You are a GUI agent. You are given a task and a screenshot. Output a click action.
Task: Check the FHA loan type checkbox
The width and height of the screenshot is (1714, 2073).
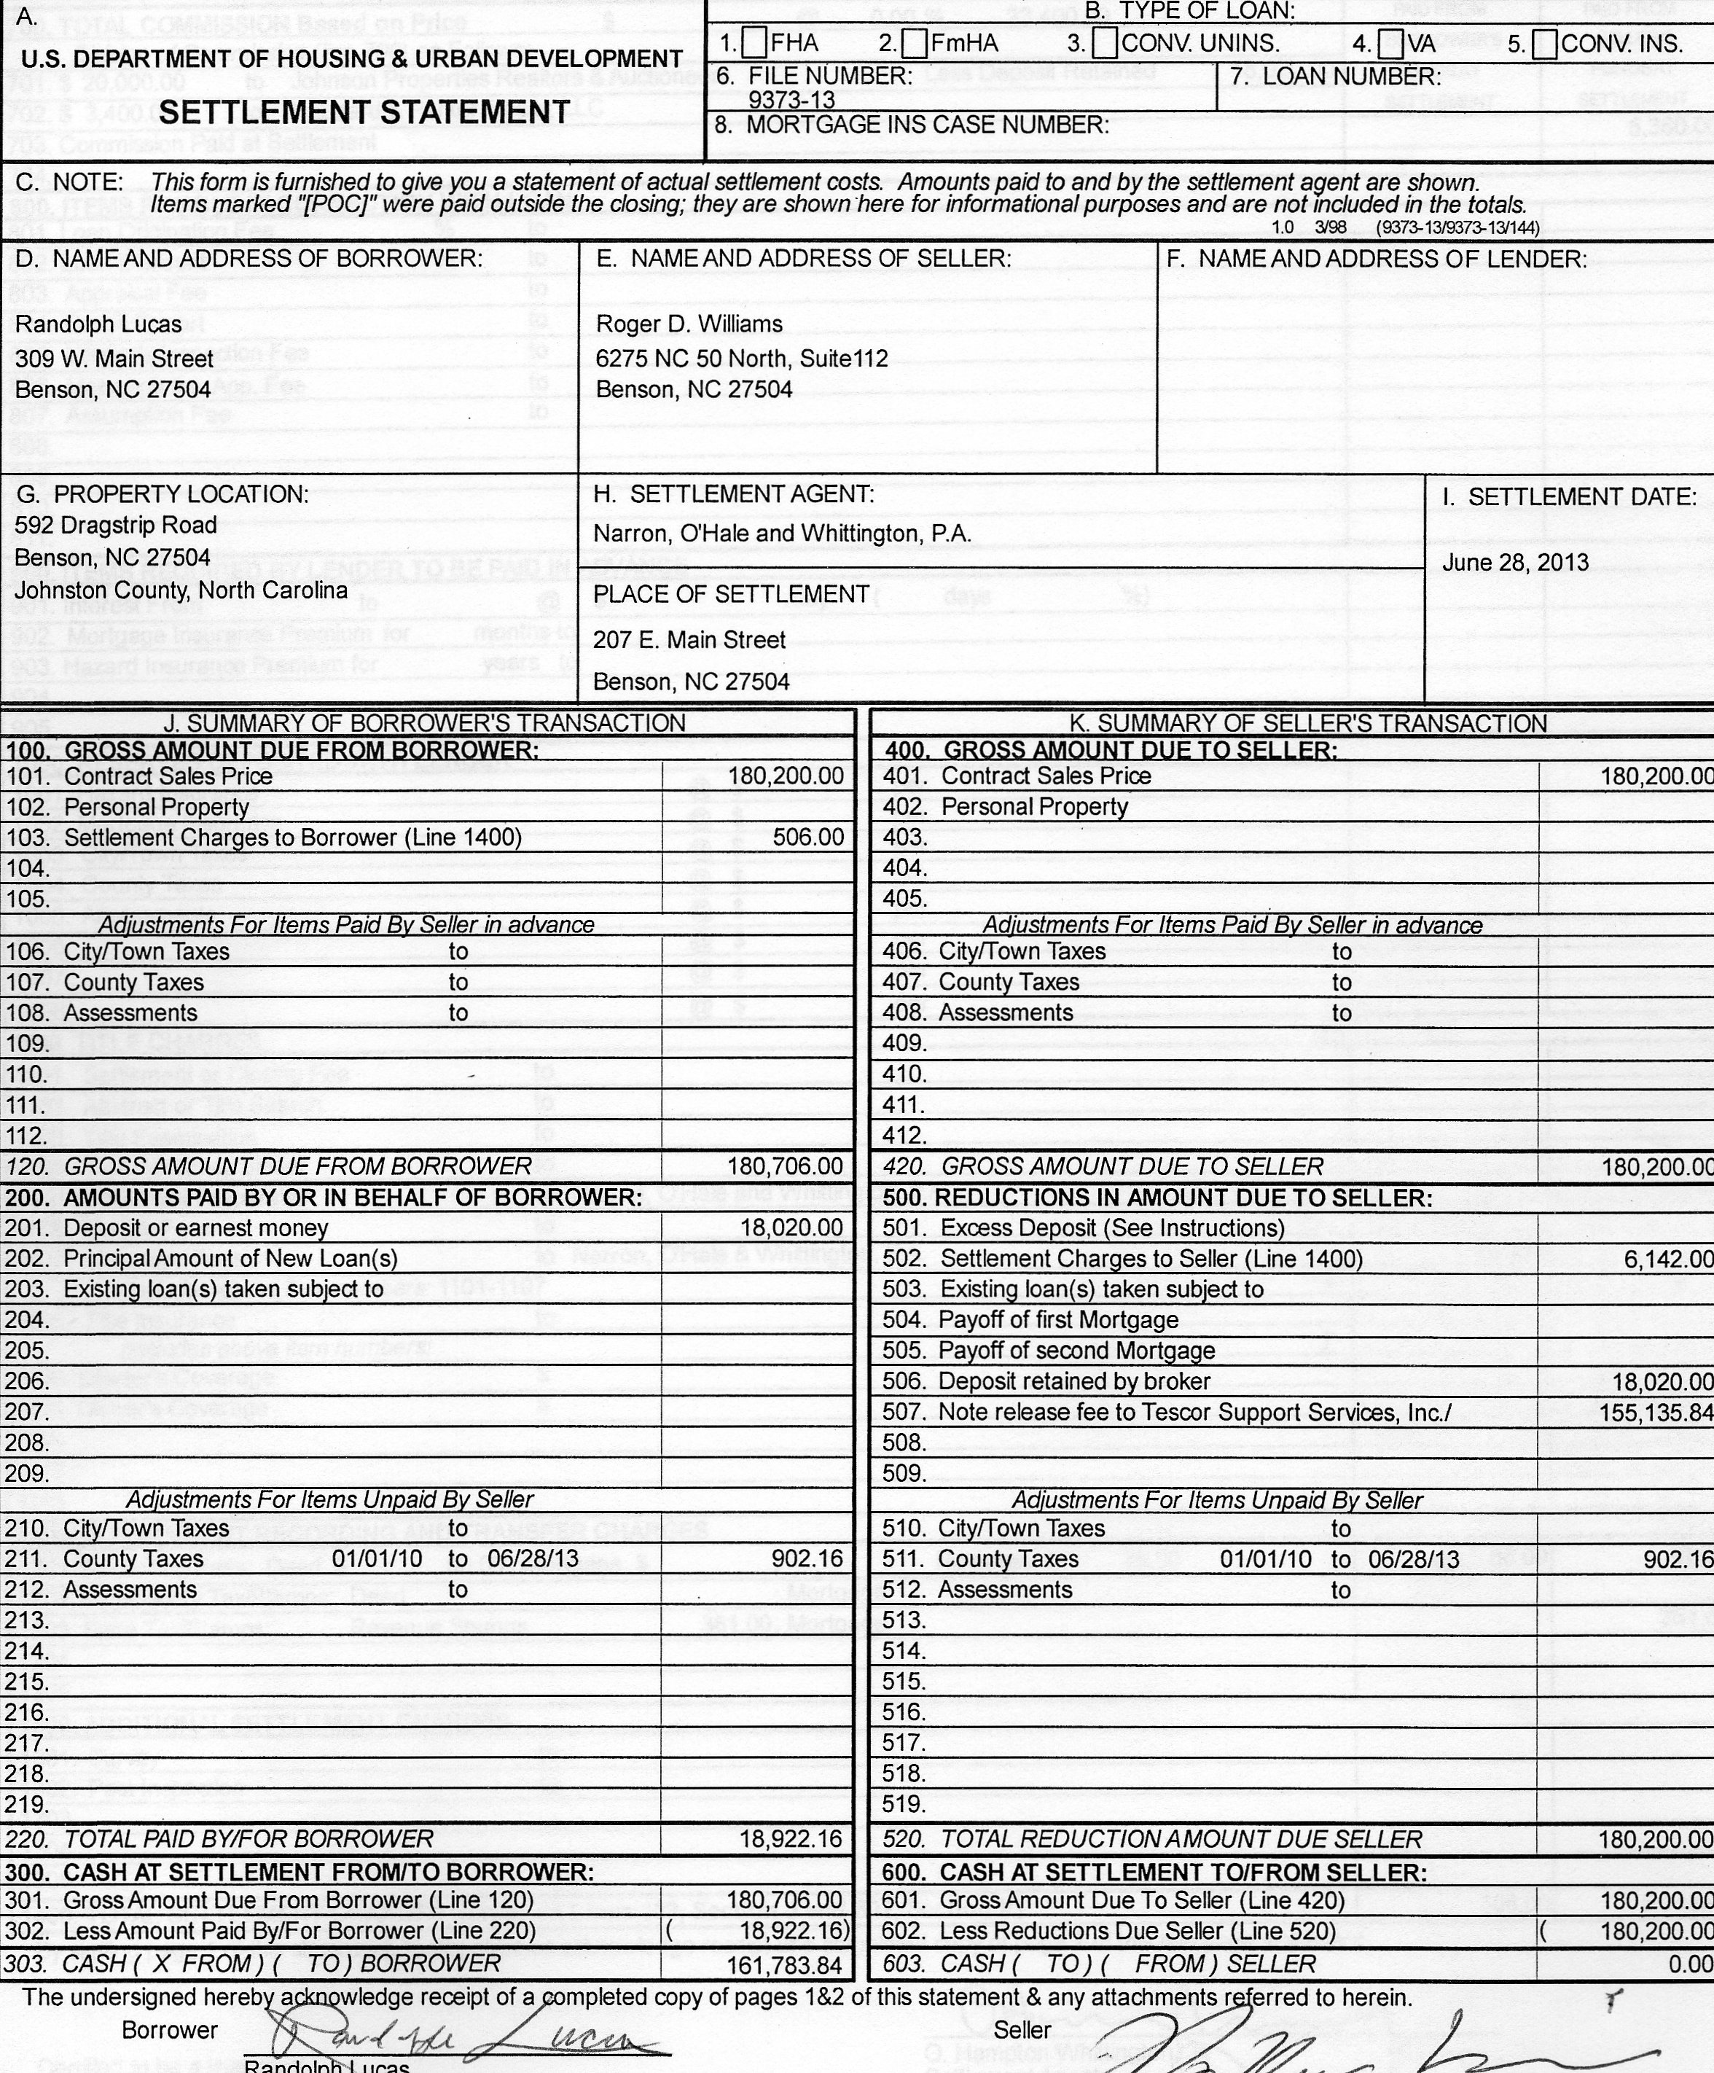coord(755,44)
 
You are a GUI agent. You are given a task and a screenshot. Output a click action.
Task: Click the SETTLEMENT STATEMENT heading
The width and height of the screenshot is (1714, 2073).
coord(364,112)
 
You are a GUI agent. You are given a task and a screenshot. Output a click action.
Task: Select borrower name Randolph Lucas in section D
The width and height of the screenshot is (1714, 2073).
coord(98,325)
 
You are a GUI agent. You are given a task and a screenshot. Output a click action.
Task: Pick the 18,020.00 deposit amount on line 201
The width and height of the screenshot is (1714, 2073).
coord(791,1228)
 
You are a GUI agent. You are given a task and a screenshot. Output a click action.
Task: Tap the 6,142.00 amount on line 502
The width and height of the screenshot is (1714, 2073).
coord(1667,1259)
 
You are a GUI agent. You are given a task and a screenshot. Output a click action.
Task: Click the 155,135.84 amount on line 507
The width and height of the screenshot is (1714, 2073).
coord(1656,1413)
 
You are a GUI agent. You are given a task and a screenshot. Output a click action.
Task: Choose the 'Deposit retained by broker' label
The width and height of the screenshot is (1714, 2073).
coord(1073,1382)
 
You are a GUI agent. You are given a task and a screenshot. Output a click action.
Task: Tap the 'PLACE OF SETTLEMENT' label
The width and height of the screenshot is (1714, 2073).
coord(731,594)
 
